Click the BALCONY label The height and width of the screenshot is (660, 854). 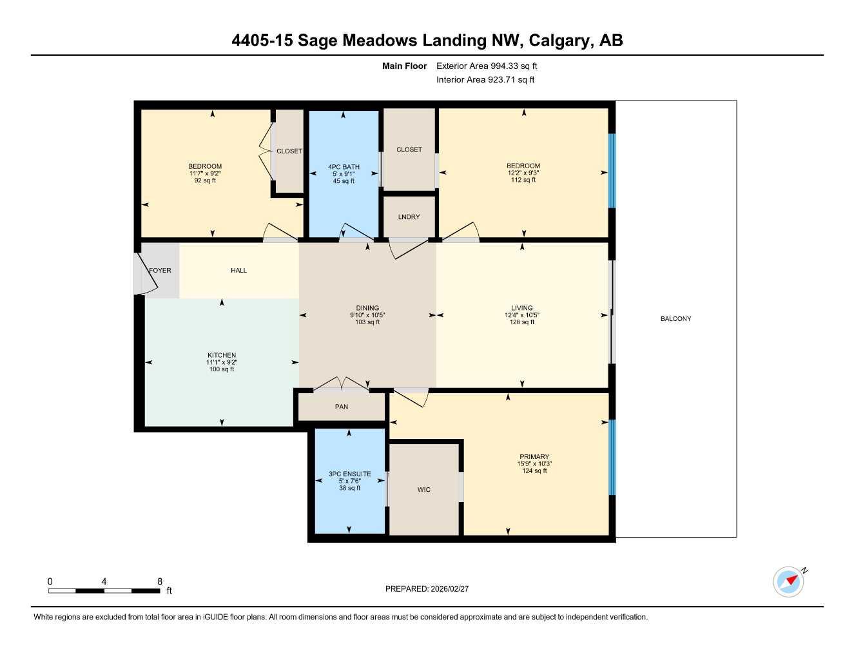click(x=675, y=319)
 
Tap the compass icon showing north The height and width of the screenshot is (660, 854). click(x=788, y=581)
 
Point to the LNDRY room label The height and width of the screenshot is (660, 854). click(x=409, y=217)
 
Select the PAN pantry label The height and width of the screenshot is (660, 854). click(x=342, y=407)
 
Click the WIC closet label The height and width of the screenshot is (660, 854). click(x=423, y=490)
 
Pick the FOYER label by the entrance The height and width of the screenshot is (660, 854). click(x=160, y=271)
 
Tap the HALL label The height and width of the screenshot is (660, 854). click(x=238, y=271)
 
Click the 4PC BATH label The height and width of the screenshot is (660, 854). click(x=344, y=167)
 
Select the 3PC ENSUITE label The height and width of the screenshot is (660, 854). click(x=349, y=474)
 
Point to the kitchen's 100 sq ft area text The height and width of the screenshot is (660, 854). click(x=222, y=369)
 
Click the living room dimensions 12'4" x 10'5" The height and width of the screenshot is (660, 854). click(x=521, y=315)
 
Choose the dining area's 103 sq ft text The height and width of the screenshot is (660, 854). click(x=367, y=322)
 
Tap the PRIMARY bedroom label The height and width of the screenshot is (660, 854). click(x=534, y=457)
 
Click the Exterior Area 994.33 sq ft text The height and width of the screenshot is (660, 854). click(x=487, y=66)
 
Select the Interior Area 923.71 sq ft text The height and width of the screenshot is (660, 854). click(x=485, y=80)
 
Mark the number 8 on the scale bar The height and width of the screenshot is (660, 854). click(x=160, y=581)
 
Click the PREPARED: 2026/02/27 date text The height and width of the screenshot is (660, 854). click(x=427, y=589)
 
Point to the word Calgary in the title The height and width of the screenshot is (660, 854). click(x=558, y=41)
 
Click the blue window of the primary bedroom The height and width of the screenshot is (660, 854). click(x=612, y=458)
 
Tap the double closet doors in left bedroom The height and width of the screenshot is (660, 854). click(x=265, y=153)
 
